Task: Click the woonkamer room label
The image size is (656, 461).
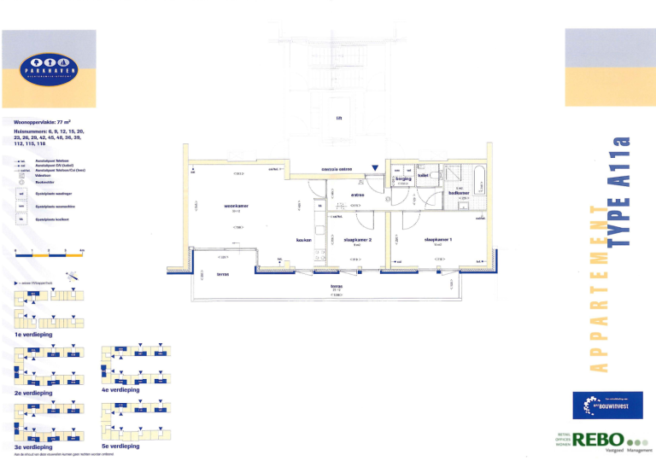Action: pyautogui.click(x=236, y=206)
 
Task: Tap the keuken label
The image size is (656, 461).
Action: pyautogui.click(x=302, y=240)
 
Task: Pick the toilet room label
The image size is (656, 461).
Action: pyautogui.click(x=423, y=176)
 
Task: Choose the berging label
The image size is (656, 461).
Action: pyautogui.click(x=403, y=178)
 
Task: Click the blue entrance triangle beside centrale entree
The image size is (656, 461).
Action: pyautogui.click(x=373, y=168)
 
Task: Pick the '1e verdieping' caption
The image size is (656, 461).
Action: pyautogui.click(x=34, y=335)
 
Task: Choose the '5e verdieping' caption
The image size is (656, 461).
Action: pyautogui.click(x=120, y=446)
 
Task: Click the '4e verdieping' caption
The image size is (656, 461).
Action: pyautogui.click(x=120, y=389)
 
